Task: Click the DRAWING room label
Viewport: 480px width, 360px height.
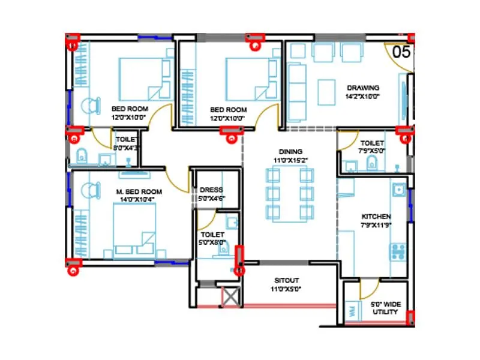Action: click(x=362, y=86)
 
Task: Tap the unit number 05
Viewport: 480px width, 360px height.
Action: click(x=401, y=52)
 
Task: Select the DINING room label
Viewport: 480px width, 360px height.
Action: click(x=290, y=152)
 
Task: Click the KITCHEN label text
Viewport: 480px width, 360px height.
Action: click(x=376, y=217)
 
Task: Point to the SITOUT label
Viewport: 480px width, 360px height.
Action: click(x=287, y=280)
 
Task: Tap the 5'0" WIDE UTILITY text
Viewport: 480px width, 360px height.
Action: click(x=384, y=308)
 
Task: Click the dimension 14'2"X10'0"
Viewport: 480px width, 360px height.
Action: click(x=362, y=95)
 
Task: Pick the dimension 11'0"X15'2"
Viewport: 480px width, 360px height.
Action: click(x=290, y=161)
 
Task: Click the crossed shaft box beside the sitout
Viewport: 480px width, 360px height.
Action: click(x=230, y=297)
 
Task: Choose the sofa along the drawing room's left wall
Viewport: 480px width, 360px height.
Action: click(x=296, y=83)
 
